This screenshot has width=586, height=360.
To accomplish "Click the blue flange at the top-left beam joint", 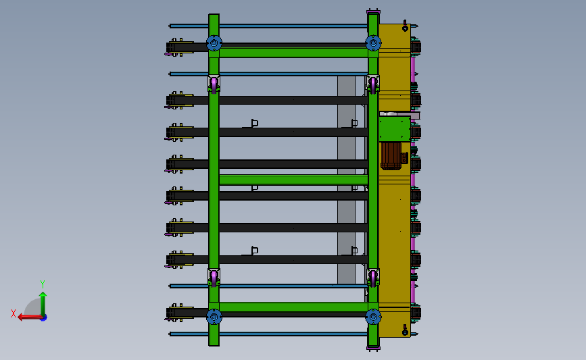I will click(214, 43).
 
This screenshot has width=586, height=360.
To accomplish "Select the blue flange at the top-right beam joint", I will click(373, 43).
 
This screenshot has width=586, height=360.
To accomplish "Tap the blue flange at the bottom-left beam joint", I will click(214, 316).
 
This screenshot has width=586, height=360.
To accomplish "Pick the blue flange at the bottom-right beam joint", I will click(373, 316).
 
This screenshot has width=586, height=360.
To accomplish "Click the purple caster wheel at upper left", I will click(214, 84).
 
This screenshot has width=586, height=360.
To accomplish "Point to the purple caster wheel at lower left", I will click(214, 277).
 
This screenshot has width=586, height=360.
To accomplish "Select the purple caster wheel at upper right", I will click(373, 84).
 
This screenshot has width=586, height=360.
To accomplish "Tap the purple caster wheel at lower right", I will click(373, 277).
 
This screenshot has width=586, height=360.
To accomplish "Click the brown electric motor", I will click(391, 156).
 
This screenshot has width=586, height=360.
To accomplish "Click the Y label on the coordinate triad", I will click(42, 284).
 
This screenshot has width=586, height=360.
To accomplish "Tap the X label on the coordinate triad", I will click(14, 313).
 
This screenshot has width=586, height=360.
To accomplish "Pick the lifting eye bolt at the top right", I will click(405, 26).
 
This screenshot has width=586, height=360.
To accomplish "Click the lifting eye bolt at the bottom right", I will click(405, 330).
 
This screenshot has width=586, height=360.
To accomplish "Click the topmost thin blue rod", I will click(270, 26).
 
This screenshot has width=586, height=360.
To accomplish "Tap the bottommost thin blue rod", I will click(270, 334).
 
